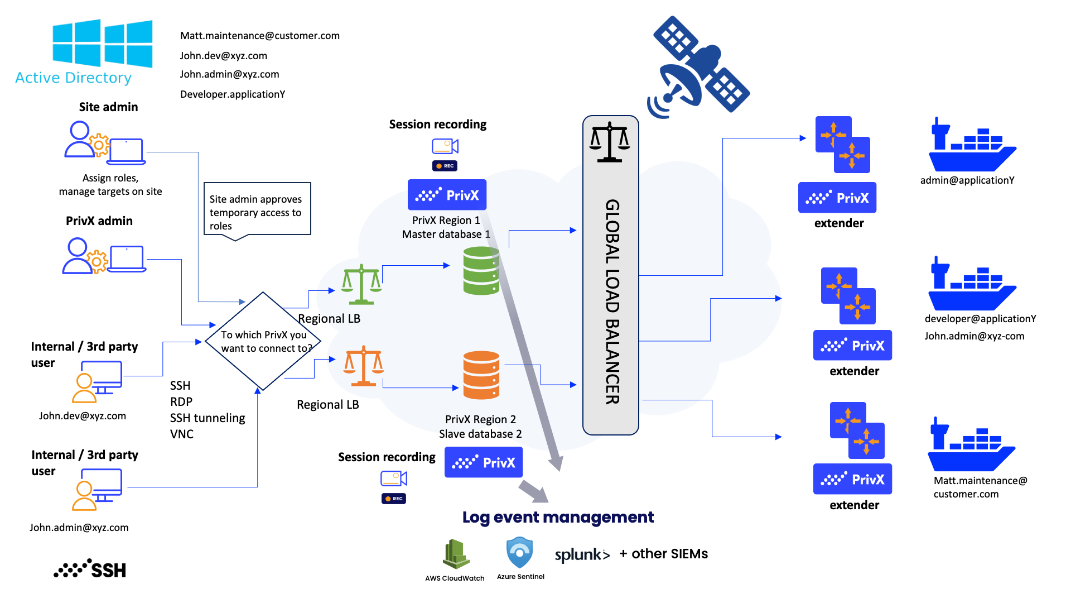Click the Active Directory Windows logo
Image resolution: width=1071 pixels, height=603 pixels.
(x=102, y=44)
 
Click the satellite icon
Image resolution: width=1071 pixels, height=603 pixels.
(x=699, y=66)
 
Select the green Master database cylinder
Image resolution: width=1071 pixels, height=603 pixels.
(x=481, y=271)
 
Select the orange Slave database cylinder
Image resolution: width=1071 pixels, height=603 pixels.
(x=481, y=375)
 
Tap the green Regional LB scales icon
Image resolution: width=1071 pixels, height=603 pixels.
(x=361, y=285)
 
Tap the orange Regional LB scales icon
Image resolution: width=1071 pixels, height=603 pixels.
(x=363, y=366)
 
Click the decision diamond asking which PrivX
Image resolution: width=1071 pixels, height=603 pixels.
(x=263, y=341)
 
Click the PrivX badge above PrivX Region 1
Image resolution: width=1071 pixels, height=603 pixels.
(x=447, y=195)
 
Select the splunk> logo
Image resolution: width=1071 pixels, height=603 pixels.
(x=582, y=554)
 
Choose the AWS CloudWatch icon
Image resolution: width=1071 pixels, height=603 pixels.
(x=456, y=554)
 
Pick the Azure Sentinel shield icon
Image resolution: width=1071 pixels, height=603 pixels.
(x=519, y=553)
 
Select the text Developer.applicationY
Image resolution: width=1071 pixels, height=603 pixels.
(x=233, y=94)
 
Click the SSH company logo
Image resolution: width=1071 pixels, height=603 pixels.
(x=90, y=569)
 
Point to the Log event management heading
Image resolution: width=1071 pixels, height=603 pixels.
(x=558, y=517)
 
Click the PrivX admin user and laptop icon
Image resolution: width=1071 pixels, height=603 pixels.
(x=104, y=256)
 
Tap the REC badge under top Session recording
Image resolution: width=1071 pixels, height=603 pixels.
(x=445, y=166)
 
